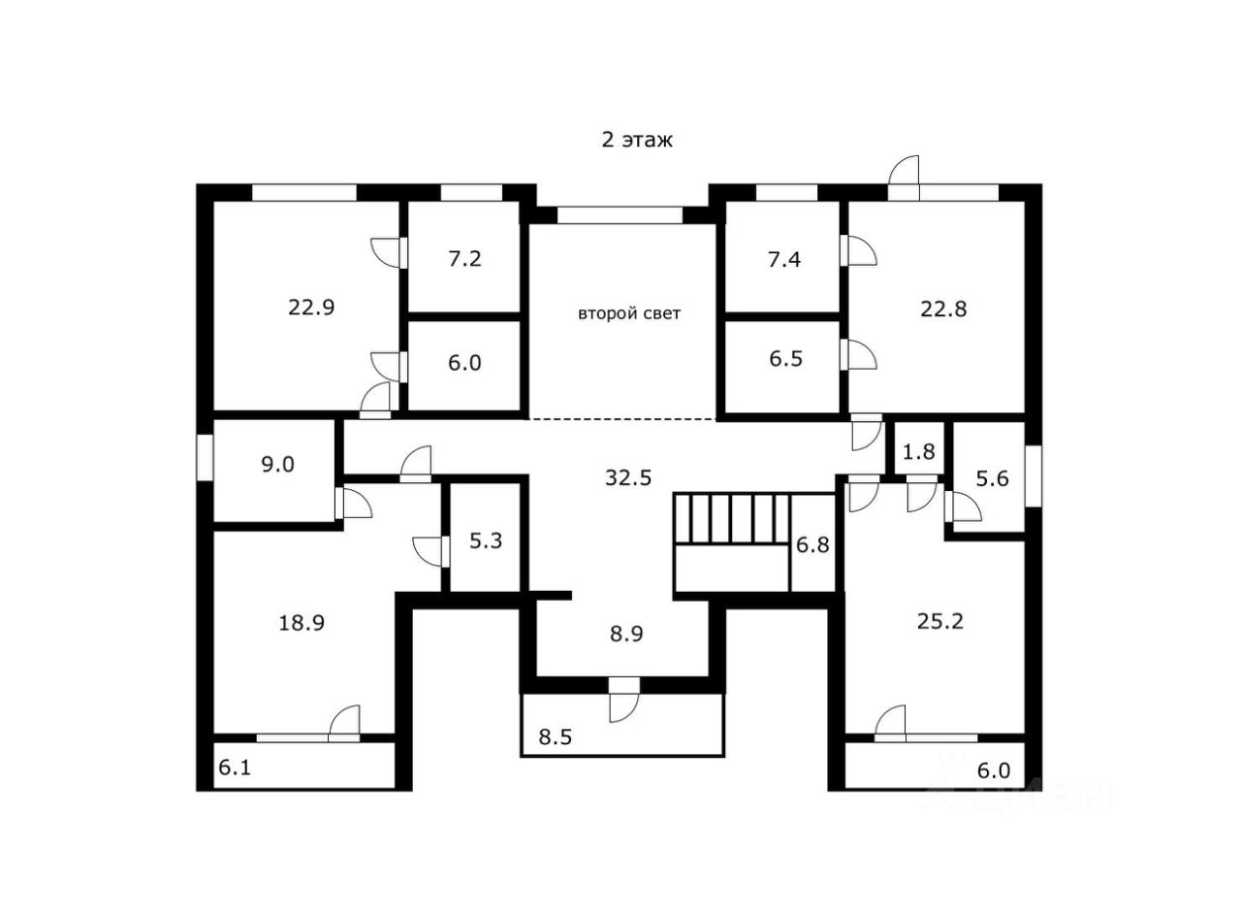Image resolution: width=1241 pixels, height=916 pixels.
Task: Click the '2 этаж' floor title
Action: (x=637, y=140)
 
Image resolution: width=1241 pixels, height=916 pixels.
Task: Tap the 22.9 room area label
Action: (x=311, y=308)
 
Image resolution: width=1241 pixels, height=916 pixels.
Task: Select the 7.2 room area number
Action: (x=465, y=259)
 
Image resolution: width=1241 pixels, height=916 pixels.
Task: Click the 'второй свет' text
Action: (x=629, y=313)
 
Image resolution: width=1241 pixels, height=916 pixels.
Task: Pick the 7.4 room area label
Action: (x=782, y=259)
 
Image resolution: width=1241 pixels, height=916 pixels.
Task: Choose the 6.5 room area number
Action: (x=787, y=358)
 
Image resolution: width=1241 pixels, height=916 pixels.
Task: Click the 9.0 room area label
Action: (x=276, y=464)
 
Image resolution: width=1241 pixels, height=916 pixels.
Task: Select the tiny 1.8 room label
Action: (x=919, y=451)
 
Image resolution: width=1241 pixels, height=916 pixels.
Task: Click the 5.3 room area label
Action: (x=486, y=540)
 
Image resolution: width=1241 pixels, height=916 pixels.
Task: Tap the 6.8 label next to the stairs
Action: (x=812, y=544)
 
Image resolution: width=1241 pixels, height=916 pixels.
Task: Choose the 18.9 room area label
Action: (x=302, y=623)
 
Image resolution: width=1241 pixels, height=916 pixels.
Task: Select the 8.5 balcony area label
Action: (x=557, y=737)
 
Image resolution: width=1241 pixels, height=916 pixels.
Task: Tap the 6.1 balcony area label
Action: (x=236, y=768)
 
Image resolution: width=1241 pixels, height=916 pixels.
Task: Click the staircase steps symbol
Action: (x=732, y=519)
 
